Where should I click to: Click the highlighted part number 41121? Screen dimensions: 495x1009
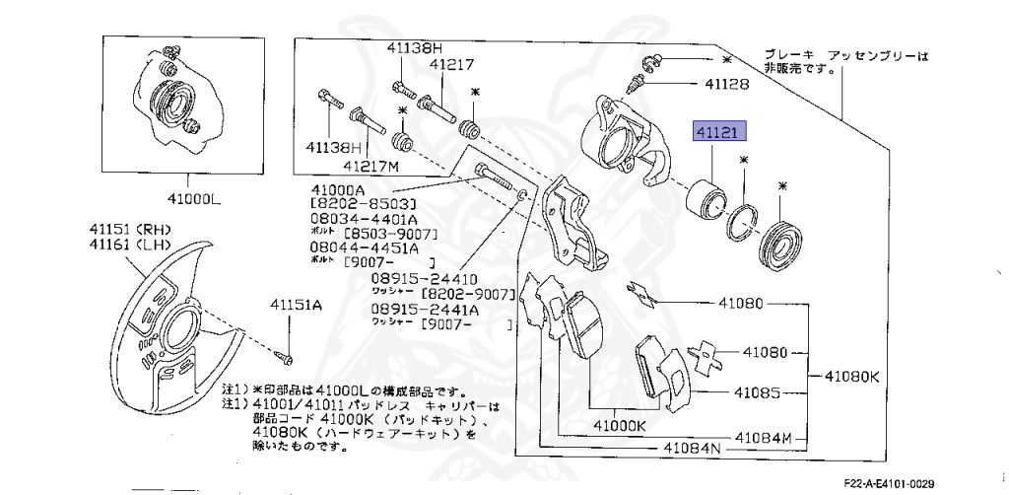click(x=719, y=131)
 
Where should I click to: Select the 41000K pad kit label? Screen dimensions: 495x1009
click(x=619, y=426)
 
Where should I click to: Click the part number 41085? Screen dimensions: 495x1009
click(x=756, y=392)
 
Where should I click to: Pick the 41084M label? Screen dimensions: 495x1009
click(x=761, y=435)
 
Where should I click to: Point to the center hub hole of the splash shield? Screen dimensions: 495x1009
click(x=183, y=325)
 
